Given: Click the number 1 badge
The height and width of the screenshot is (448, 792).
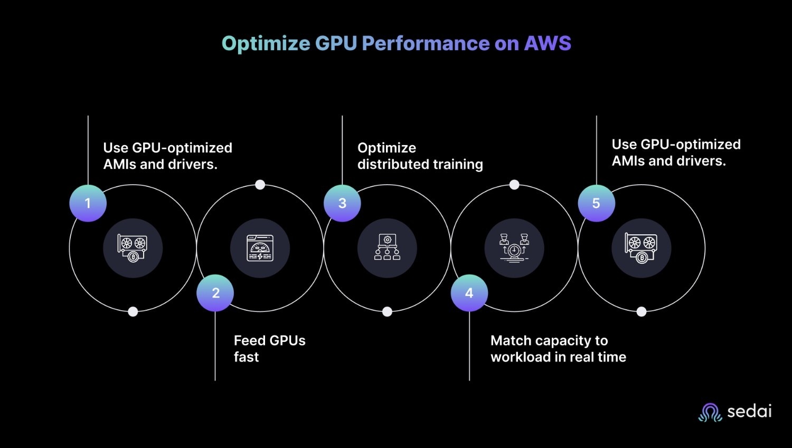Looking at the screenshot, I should tap(88, 203).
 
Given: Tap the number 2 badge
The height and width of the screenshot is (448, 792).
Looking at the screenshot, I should tap(215, 293).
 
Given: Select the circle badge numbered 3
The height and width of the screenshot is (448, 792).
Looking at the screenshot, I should tap(342, 203).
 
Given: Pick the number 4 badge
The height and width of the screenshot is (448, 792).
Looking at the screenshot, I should tap(469, 293).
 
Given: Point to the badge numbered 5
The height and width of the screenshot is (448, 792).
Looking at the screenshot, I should tap(596, 203).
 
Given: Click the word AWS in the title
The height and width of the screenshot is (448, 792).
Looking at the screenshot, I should tap(548, 43).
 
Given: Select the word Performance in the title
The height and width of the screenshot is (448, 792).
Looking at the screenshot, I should tap(426, 43).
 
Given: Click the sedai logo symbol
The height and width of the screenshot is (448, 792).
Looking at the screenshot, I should tap(710, 412).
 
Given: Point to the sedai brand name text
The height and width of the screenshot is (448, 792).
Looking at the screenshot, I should tap(749, 411).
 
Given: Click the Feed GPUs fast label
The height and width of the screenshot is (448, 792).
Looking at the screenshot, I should tap(269, 349).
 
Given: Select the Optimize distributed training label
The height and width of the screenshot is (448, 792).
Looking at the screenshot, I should tap(420, 156).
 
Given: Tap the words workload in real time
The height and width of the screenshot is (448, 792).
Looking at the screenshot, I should tap(558, 357).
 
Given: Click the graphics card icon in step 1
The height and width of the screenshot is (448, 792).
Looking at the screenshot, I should tap(133, 248).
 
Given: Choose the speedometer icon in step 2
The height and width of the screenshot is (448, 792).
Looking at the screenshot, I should tap(260, 248).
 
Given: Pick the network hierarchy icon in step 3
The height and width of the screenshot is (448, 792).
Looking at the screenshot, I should tap(387, 248).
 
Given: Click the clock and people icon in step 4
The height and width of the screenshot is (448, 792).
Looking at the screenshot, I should tap(514, 248).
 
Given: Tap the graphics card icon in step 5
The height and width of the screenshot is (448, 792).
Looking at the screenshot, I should tap(641, 248).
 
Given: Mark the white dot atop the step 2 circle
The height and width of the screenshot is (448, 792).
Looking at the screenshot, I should tap(260, 185).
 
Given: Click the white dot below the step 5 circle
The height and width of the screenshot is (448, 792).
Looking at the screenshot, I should tap(642, 311).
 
